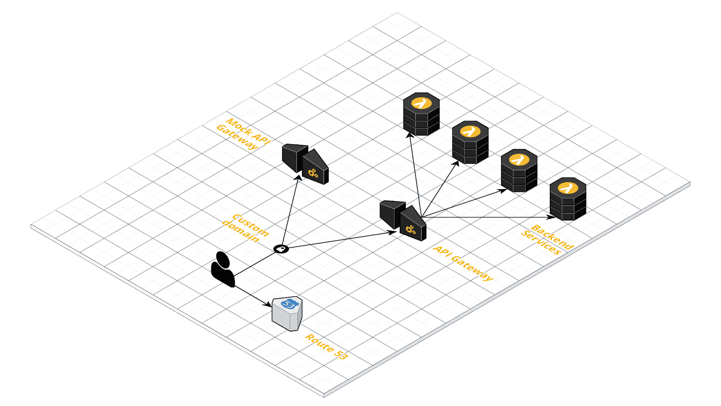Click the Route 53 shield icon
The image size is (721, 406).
(287, 314)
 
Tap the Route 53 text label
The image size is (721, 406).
(326, 347)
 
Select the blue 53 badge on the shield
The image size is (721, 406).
(290, 304)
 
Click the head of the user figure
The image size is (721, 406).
(223, 259)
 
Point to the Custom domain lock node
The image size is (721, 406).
(281, 249)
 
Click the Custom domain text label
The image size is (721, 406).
(246, 227)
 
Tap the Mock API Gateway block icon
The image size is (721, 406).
(305, 164)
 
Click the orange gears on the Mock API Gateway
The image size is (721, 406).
(313, 173)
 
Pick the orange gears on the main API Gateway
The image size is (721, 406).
(411, 230)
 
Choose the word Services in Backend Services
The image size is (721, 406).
(541, 243)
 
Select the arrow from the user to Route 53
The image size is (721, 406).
(253, 296)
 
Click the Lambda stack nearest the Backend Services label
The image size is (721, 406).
(568, 199)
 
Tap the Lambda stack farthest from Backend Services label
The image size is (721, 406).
(421, 114)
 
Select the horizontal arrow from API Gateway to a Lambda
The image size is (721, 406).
(488, 217)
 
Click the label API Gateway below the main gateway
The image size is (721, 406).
(463, 263)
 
